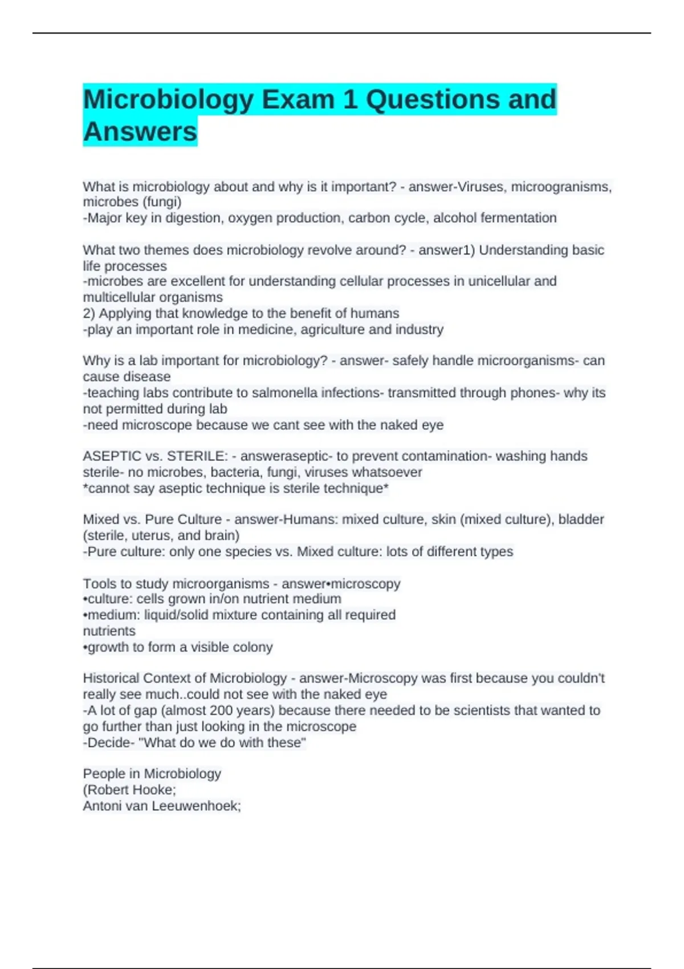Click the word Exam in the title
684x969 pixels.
[x=298, y=99]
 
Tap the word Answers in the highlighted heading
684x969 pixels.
[x=140, y=132]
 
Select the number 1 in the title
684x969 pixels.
[x=350, y=99]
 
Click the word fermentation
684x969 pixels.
[x=518, y=218]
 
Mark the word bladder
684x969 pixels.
[x=581, y=519]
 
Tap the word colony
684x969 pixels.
[x=254, y=647]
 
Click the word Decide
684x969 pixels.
[x=108, y=742]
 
